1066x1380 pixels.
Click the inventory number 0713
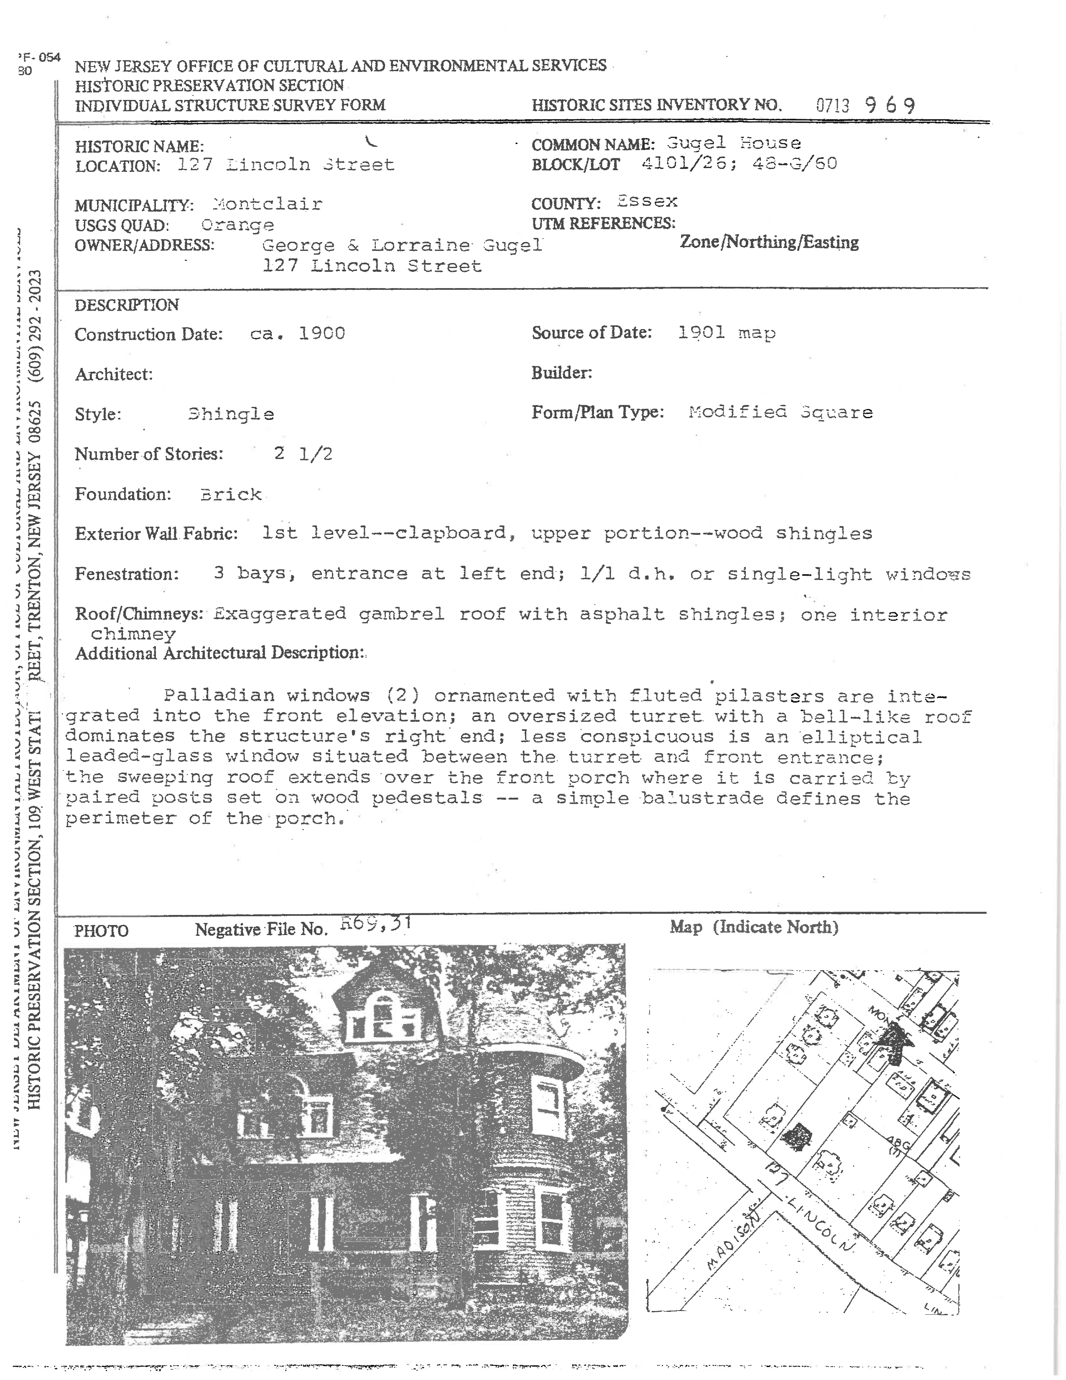[832, 105]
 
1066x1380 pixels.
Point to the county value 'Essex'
[647, 202]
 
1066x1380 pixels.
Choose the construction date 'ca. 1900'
[298, 334]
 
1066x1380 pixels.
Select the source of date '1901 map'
[726, 332]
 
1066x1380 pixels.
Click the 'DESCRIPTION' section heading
[126, 305]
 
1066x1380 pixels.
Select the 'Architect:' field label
[114, 375]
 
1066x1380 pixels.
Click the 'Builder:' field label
[561, 373]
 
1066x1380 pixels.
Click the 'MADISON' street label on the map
[732, 1242]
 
